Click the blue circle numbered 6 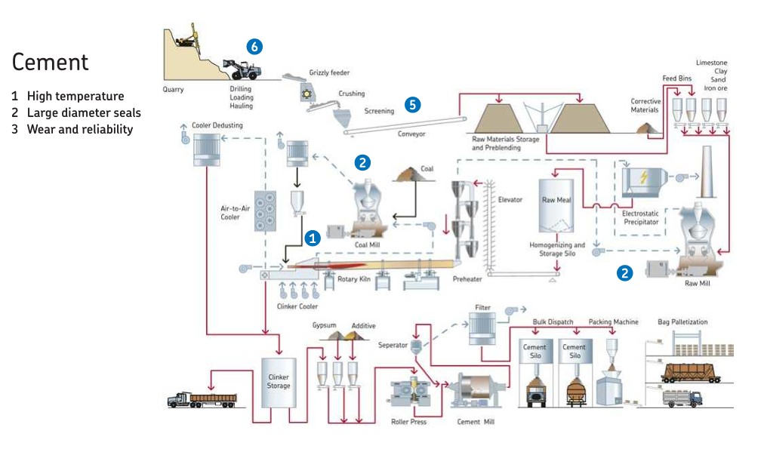coord(254,47)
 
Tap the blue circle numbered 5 coord(412,105)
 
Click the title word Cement coord(50,62)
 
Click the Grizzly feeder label coord(329,73)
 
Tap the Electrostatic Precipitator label coord(640,217)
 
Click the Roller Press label coord(408,422)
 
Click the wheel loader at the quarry coord(245,70)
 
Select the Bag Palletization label coord(682,322)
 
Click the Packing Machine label coord(613,322)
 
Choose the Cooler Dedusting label coord(217,125)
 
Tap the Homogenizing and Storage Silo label coord(557,249)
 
